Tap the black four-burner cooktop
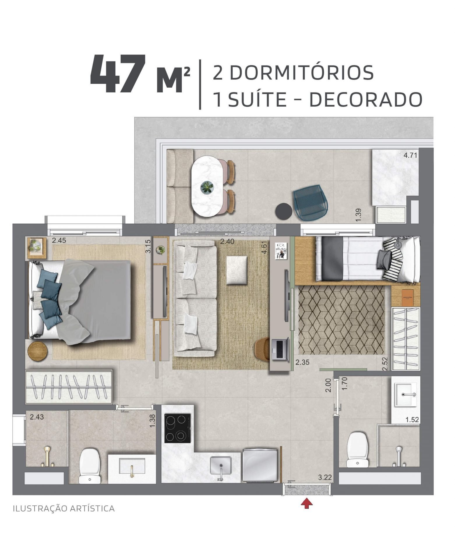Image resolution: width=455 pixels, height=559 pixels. [x=177, y=428]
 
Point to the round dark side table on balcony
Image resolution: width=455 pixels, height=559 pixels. [x=284, y=211]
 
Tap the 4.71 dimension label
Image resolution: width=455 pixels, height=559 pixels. [x=410, y=155]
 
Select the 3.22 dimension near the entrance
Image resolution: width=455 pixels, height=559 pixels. [x=325, y=477]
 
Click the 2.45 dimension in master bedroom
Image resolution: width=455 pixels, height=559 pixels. [x=59, y=240]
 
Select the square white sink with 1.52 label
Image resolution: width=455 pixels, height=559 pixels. [x=406, y=395]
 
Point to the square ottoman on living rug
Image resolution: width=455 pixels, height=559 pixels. [x=237, y=270]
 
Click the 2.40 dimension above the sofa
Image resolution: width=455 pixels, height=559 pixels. [x=227, y=241]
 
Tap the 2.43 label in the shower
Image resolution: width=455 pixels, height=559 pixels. [x=37, y=417]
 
